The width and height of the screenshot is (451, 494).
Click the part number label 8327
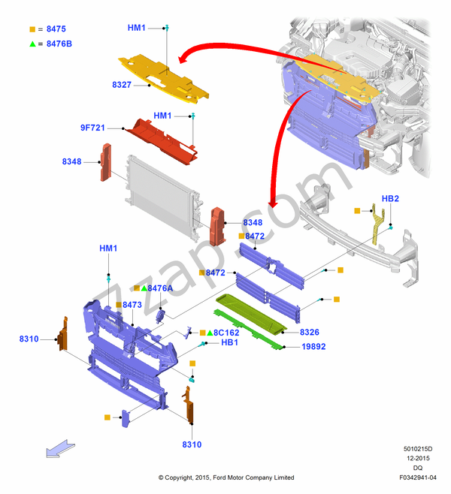point(122,85)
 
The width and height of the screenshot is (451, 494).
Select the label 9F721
point(92,128)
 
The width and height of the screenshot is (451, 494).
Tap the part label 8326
point(310,332)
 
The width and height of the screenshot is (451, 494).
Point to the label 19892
point(313,347)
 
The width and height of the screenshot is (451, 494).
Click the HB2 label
point(390,199)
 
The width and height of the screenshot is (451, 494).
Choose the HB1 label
point(230,342)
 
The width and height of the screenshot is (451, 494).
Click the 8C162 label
point(226,332)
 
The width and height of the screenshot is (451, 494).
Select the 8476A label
point(160,288)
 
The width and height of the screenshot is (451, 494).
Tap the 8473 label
point(132,305)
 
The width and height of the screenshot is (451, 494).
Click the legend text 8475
point(56,29)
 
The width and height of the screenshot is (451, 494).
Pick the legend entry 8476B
point(59,44)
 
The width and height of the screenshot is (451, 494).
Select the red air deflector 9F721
point(162,137)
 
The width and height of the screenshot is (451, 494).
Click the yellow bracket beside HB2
point(377,224)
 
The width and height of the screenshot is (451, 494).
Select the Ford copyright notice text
point(226,477)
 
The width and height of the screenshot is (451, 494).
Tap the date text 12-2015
point(417,458)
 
